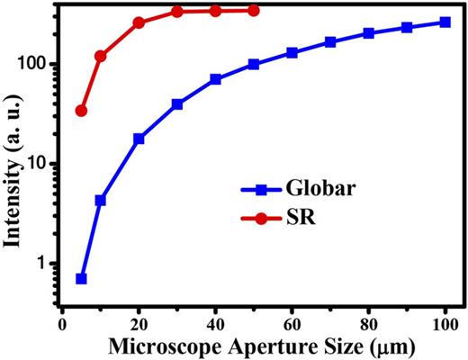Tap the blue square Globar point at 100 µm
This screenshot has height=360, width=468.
445,22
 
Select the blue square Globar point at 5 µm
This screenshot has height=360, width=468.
81,279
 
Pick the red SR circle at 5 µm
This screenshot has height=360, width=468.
81,111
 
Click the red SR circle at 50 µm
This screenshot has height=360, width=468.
253,10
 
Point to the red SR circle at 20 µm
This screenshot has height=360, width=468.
139,22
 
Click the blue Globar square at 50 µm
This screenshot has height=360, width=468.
253,64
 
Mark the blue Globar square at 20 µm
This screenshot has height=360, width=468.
139,139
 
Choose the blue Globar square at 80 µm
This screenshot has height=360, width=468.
368,33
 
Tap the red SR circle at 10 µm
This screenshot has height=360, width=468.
100,56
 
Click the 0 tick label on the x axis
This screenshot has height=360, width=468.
62,321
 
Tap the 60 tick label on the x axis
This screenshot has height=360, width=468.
292,321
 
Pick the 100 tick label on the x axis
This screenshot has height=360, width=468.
445,321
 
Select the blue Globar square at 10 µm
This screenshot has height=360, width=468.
100,200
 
